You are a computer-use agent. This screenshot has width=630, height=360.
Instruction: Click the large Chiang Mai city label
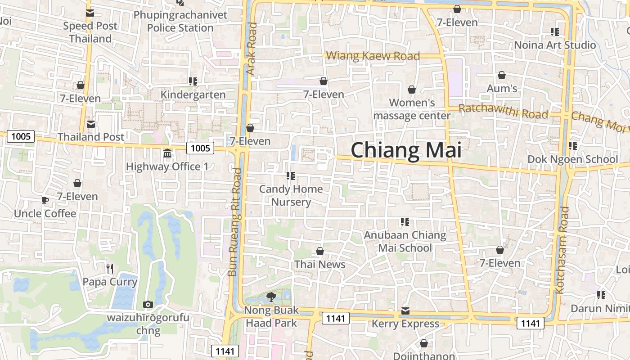[406, 150]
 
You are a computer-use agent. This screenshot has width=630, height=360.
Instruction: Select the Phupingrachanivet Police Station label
[180, 22]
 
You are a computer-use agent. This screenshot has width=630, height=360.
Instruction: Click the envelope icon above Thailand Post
[91, 124]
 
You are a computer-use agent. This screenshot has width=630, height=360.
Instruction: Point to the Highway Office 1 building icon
[167, 154]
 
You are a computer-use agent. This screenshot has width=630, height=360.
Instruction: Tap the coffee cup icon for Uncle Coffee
[45, 201]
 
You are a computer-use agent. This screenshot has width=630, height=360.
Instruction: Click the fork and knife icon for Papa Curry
[110, 269]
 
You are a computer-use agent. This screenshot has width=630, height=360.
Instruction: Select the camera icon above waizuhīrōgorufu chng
[148, 305]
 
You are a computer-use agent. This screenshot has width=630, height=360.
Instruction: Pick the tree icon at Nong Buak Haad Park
[271, 297]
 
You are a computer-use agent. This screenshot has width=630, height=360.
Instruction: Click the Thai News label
[319, 264]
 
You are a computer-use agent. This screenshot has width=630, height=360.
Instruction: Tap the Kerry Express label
[405, 324]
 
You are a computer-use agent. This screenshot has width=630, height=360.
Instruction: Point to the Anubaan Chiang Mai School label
[405, 241]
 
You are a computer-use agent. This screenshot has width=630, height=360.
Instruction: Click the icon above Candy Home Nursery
[291, 176]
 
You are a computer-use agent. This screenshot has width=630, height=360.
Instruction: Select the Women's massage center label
[412, 109]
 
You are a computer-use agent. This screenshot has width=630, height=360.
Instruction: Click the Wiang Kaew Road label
[373, 56]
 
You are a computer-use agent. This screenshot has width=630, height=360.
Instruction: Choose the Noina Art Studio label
[555, 45]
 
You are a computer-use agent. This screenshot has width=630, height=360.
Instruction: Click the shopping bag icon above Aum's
[501, 76]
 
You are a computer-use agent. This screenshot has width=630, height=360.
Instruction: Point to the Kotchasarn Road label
[562, 250]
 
